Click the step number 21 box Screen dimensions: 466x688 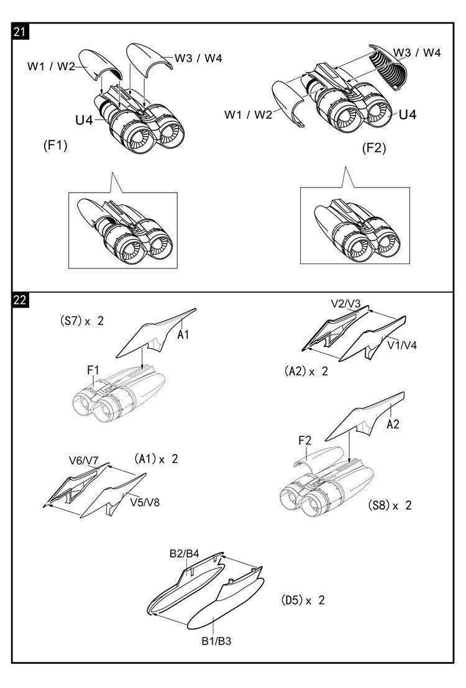[20, 32]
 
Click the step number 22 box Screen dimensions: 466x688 [20, 301]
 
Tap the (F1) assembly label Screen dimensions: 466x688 [55, 145]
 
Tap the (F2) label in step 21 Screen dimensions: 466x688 [374, 148]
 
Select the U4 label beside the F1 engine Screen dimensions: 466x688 [85, 120]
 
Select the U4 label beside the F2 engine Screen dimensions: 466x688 [408, 114]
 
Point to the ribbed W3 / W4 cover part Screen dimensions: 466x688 [389, 67]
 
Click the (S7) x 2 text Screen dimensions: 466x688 [81, 321]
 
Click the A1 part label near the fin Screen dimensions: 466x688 [183, 335]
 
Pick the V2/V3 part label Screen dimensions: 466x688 [345, 304]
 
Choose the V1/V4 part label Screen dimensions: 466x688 [402, 346]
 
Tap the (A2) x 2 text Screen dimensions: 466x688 [306, 371]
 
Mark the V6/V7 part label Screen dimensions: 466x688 [84, 461]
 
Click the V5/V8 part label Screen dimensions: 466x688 [145, 502]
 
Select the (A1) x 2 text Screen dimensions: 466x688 [156, 459]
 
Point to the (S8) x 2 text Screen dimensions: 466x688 [390, 505]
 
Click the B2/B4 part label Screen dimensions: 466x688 [185, 554]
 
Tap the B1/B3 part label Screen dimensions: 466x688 [216, 641]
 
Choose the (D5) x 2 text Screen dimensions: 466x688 [303, 600]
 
